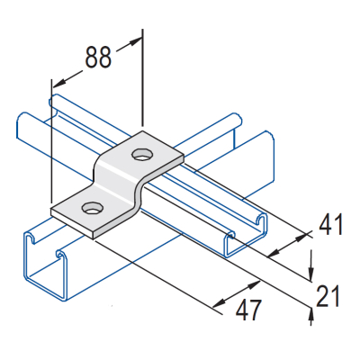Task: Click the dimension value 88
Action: pos(99,57)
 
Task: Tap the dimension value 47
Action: pos(248,310)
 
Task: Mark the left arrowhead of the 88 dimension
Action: pos(54,80)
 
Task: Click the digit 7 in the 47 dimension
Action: pos(257,310)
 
